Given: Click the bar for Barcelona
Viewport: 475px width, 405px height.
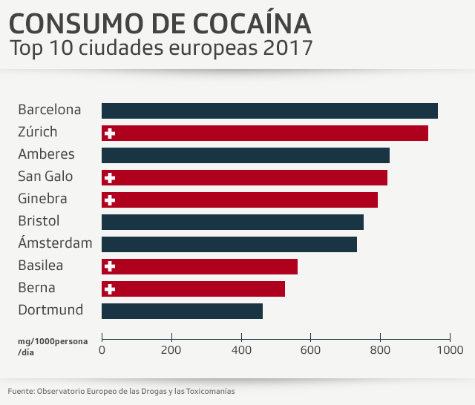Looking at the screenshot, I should point(269,111).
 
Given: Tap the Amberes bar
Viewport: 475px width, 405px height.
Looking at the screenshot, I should point(246,155).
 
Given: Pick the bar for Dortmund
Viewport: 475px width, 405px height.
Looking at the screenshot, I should point(182,311).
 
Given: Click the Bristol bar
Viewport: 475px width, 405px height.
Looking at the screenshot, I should point(232,222).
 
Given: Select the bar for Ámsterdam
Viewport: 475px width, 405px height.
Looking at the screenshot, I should point(229,244).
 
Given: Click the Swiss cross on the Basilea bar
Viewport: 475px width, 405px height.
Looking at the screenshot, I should point(111,266).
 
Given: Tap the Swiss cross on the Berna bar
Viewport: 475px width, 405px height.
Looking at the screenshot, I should point(111,289).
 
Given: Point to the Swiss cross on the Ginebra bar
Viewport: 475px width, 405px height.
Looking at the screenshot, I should point(111,200).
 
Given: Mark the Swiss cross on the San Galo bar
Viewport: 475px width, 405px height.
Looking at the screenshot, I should point(111,177).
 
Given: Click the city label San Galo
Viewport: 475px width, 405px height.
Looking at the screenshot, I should point(46,177).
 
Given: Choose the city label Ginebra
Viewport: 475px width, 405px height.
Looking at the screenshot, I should point(42,199).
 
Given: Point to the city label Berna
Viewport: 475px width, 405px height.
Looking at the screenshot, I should point(36,288).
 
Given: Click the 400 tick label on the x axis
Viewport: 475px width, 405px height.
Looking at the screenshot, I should point(241,349).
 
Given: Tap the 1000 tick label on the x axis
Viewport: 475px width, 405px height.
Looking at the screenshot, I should point(450,349).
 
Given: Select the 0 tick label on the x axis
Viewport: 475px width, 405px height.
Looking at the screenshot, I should point(102,349).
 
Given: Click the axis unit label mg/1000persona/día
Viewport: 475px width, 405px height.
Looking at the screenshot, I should point(52,346).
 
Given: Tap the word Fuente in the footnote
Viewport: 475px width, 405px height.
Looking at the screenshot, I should point(20,391).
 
